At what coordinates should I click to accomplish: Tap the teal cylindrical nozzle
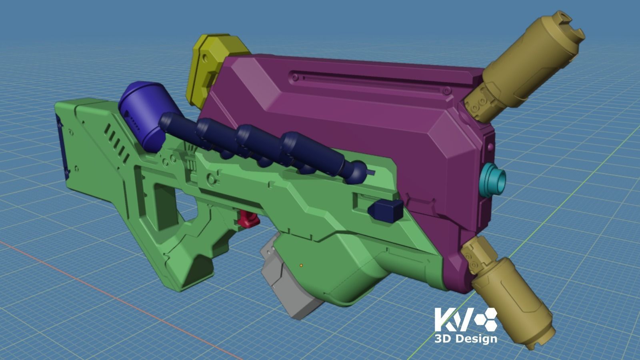[494, 180]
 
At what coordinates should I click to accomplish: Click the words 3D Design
[466, 339]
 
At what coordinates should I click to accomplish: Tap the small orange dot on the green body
[301, 265]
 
